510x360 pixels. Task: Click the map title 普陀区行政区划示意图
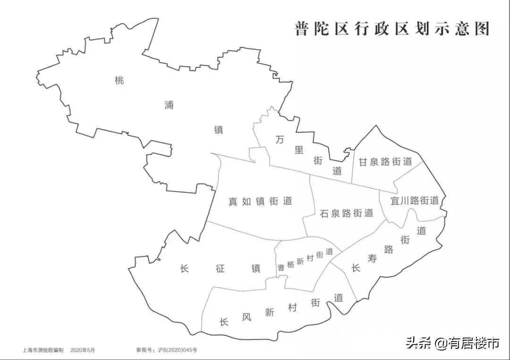[x=391, y=29]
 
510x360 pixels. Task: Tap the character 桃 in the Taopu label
[x=119, y=80]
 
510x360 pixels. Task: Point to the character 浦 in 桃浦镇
[x=169, y=105]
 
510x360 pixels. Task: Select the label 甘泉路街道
[x=385, y=161]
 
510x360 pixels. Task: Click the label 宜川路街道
[x=415, y=201]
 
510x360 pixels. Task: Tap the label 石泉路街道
[x=347, y=213]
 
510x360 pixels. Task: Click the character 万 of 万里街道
[x=280, y=140]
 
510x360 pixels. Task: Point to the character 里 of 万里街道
[x=299, y=150]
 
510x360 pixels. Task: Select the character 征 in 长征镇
[x=220, y=269]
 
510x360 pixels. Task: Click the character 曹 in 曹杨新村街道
[x=281, y=267]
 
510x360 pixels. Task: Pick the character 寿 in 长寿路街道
[x=373, y=259]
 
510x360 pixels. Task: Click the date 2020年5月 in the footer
[x=83, y=350]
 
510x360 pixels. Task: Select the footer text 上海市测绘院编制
[x=42, y=350]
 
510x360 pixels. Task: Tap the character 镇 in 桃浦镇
[x=219, y=130]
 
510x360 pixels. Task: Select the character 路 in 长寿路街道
[x=389, y=250]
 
